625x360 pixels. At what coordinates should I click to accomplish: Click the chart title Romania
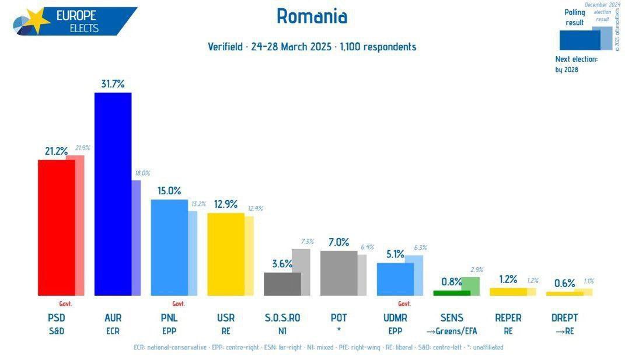[x=312, y=16]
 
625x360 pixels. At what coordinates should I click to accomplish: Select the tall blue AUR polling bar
[x=113, y=194]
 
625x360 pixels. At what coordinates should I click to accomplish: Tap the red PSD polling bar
[x=56, y=227]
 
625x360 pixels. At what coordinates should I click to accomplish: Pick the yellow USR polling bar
[x=225, y=254]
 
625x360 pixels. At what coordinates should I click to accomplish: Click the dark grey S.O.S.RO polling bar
[x=282, y=284]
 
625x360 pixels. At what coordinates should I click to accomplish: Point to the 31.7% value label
[x=113, y=84]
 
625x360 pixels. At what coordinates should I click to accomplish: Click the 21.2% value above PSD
[x=56, y=152]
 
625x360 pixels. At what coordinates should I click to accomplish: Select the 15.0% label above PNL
[x=169, y=191]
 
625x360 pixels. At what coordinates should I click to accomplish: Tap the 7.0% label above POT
[x=338, y=242]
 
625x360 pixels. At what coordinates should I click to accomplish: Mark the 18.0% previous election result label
[x=142, y=173]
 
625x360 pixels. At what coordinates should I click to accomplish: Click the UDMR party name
[x=395, y=318]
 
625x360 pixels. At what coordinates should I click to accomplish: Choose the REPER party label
[x=508, y=318]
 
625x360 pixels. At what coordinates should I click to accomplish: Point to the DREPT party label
[x=564, y=318]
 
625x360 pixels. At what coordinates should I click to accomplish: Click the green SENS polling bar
[x=447, y=292]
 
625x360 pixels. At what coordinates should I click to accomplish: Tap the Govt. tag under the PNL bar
[x=179, y=303]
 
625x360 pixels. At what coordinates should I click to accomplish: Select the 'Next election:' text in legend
[x=577, y=59]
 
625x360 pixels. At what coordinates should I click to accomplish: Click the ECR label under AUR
[x=113, y=331]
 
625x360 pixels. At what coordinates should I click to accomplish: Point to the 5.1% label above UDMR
[x=395, y=254]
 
